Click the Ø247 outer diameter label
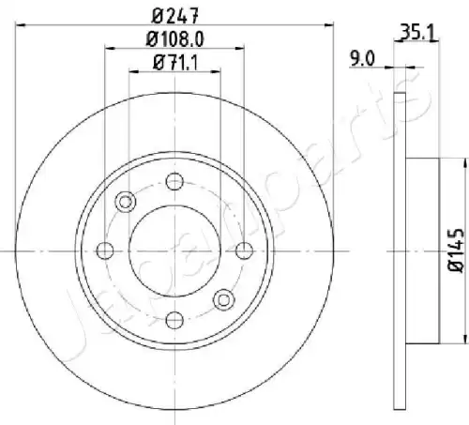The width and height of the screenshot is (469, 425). click(174, 16)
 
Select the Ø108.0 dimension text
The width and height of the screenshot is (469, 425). click(175, 39)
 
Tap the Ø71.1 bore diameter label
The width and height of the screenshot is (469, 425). click(175, 63)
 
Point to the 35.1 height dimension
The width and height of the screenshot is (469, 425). click(417, 33)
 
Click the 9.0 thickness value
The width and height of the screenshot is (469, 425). click(362, 58)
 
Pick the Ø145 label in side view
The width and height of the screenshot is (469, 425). click(455, 250)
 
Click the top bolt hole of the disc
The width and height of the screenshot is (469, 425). click(174, 181)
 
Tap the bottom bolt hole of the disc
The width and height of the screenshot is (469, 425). click(174, 320)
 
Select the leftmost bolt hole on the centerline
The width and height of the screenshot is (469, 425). click(105, 250)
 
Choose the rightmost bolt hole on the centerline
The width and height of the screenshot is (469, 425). click(244, 250)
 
